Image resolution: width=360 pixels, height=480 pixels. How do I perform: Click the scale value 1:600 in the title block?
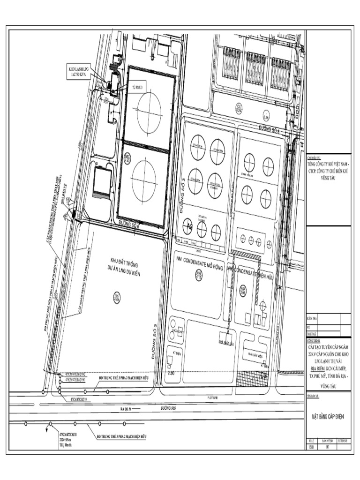(311, 447)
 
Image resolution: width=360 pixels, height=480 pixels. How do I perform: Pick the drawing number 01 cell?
(328, 447)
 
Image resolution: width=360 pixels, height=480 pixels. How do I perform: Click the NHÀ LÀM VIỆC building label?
(255, 355)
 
